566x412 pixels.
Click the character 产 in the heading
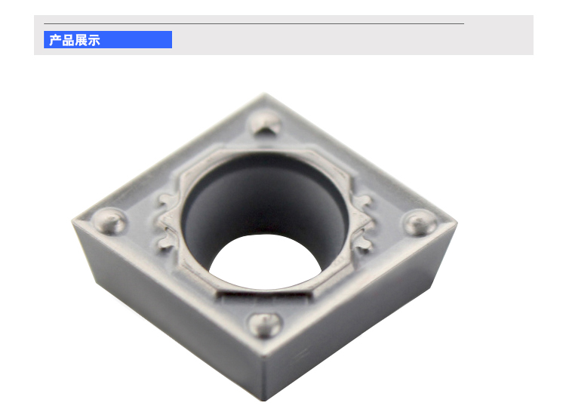tap(55, 40)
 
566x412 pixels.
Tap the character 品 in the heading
tap(68, 40)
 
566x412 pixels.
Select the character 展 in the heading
tap(81, 40)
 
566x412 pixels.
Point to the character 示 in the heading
tap(94, 40)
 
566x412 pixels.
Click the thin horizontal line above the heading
tap(254, 24)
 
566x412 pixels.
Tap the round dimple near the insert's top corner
tap(266, 122)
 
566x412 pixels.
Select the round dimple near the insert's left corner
tap(109, 220)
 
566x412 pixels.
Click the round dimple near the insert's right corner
tap(420, 223)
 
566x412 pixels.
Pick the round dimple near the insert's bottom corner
tap(265, 324)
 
